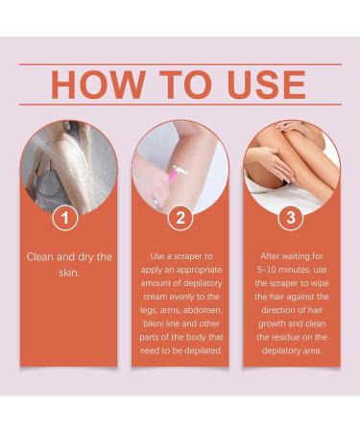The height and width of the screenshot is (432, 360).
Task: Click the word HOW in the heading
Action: point(93,85)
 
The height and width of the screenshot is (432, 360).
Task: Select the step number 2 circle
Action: point(180,219)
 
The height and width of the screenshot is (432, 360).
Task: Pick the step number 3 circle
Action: point(291,219)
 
